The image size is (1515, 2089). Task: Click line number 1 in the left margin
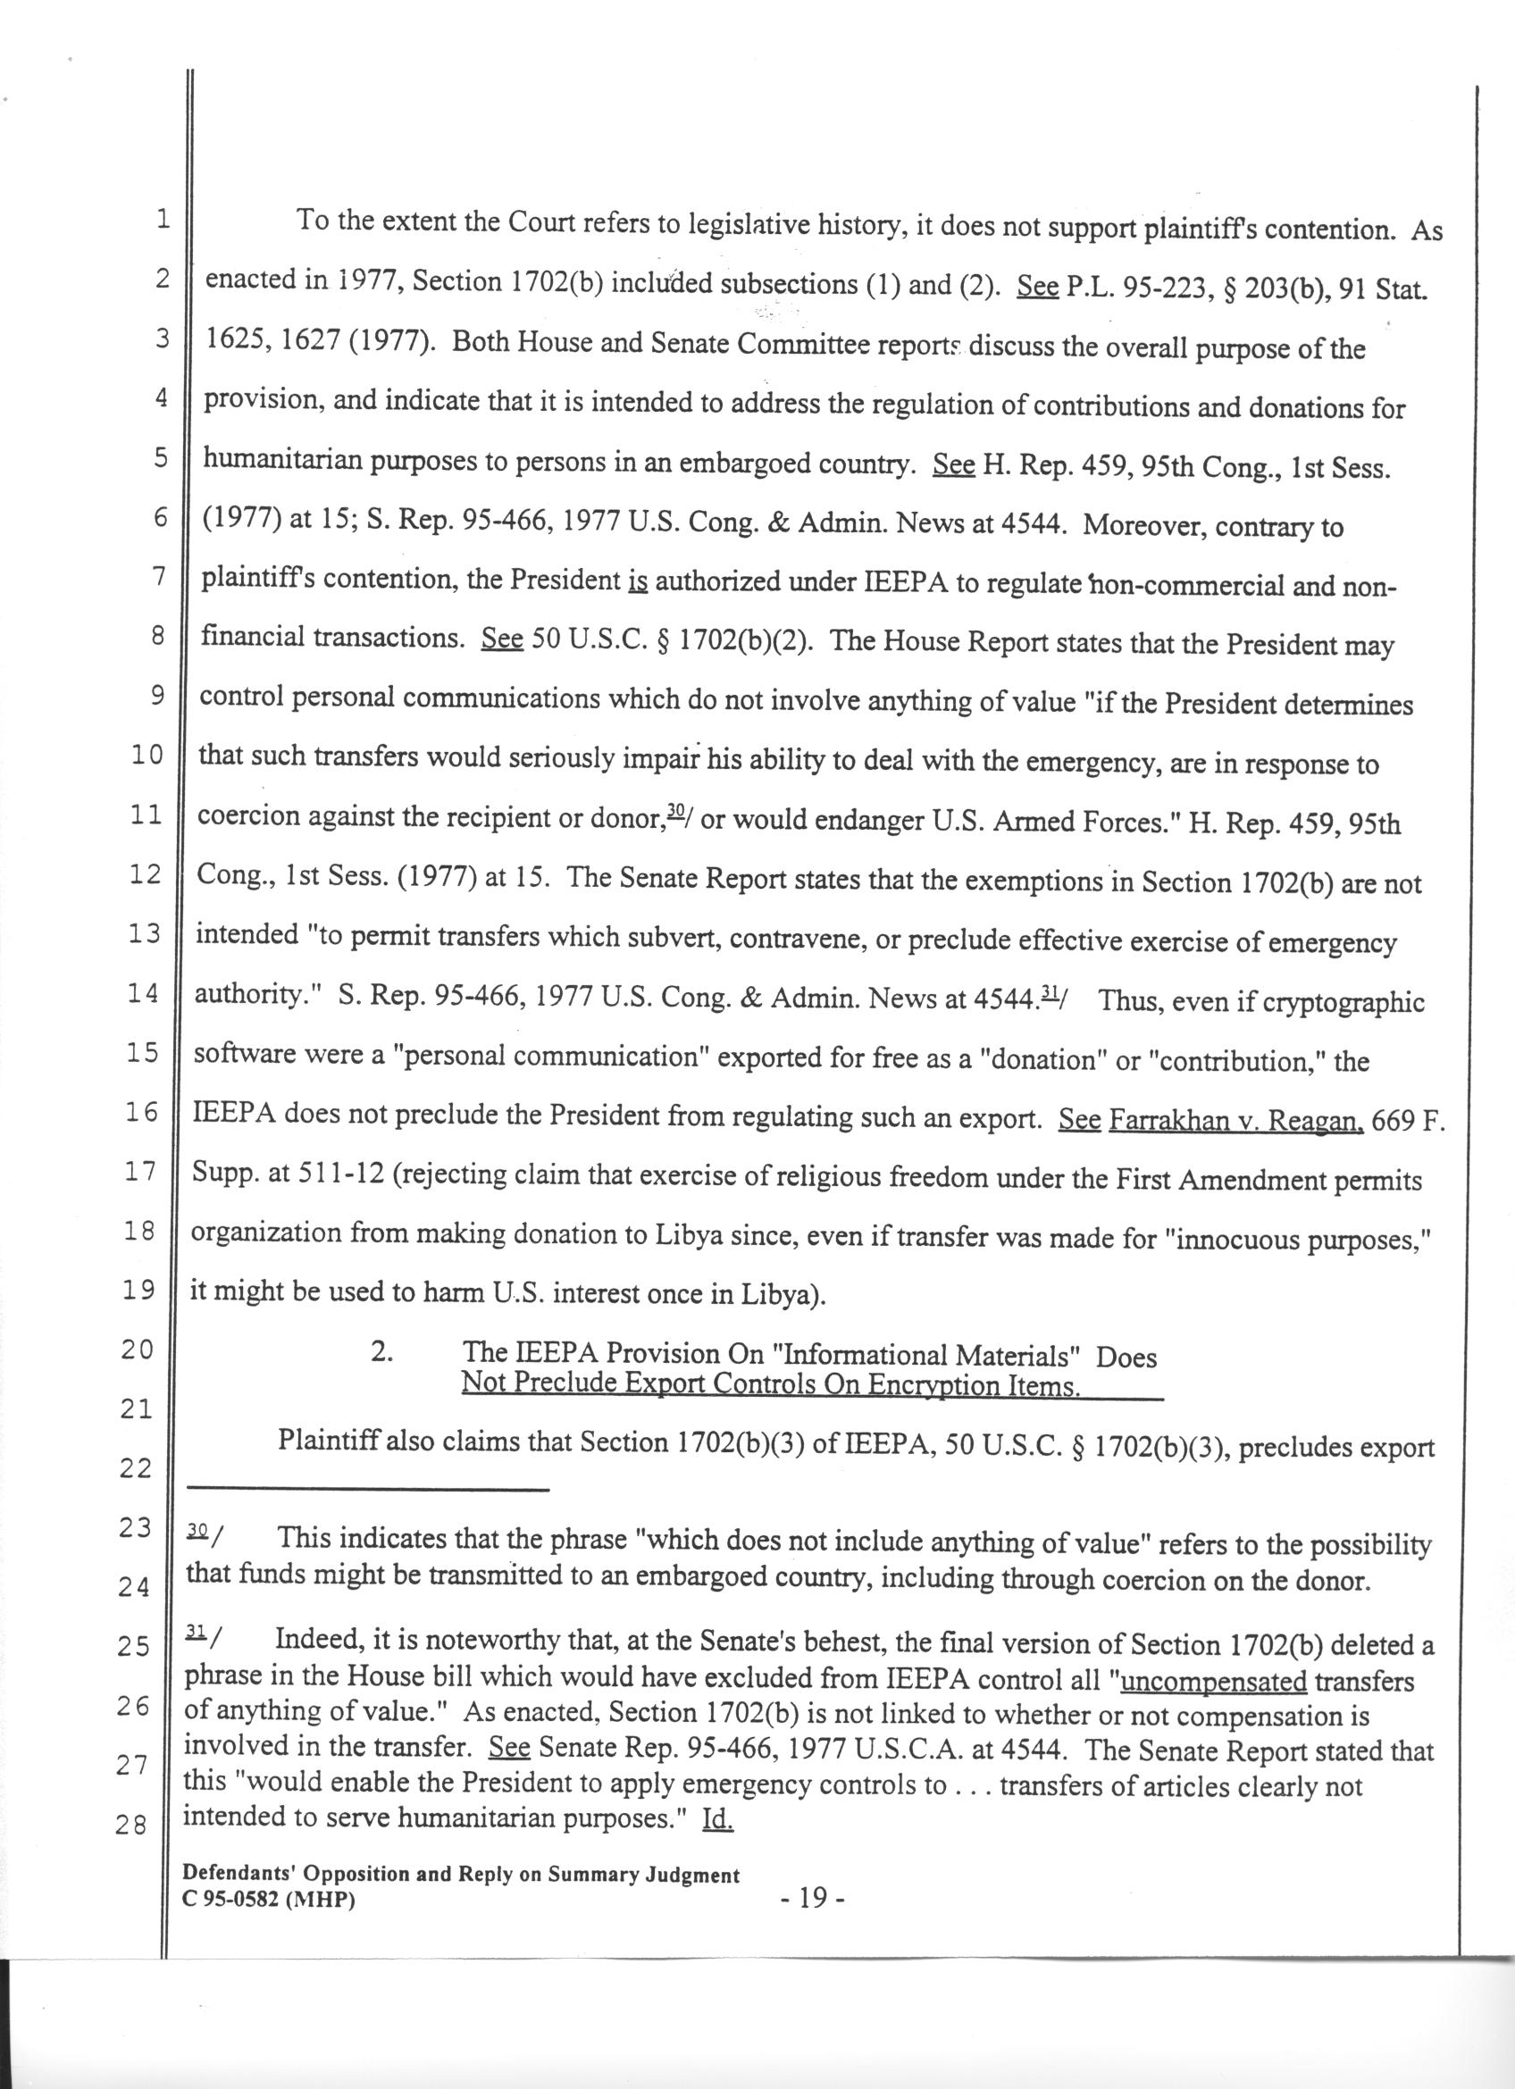pyautogui.click(x=162, y=220)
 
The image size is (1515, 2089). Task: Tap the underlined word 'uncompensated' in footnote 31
pyautogui.click(x=1213, y=1681)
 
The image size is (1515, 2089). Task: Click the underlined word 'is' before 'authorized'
pyautogui.click(x=637, y=582)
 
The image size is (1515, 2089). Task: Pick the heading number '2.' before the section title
pyautogui.click(x=383, y=1354)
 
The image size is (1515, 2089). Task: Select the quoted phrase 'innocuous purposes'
pyautogui.click(x=1296, y=1241)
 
